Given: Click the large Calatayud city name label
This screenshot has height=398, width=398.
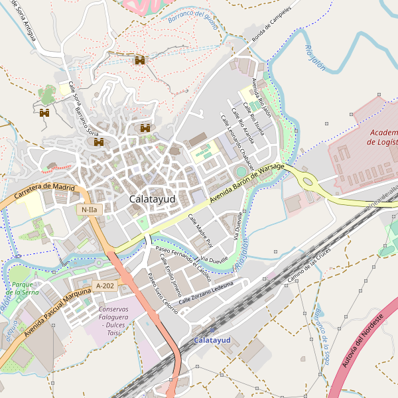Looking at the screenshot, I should (x=151, y=198).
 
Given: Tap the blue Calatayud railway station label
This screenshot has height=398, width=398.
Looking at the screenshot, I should (x=212, y=340).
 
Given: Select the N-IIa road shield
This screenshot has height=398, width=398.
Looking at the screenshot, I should (x=89, y=210).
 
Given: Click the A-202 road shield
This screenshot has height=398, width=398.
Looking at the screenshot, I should (x=105, y=286).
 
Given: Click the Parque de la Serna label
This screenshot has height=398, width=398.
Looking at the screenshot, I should (x=25, y=288).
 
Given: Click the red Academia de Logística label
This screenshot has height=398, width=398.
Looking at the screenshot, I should (x=383, y=137).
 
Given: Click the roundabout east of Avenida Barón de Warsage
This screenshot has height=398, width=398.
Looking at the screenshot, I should (x=307, y=180).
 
